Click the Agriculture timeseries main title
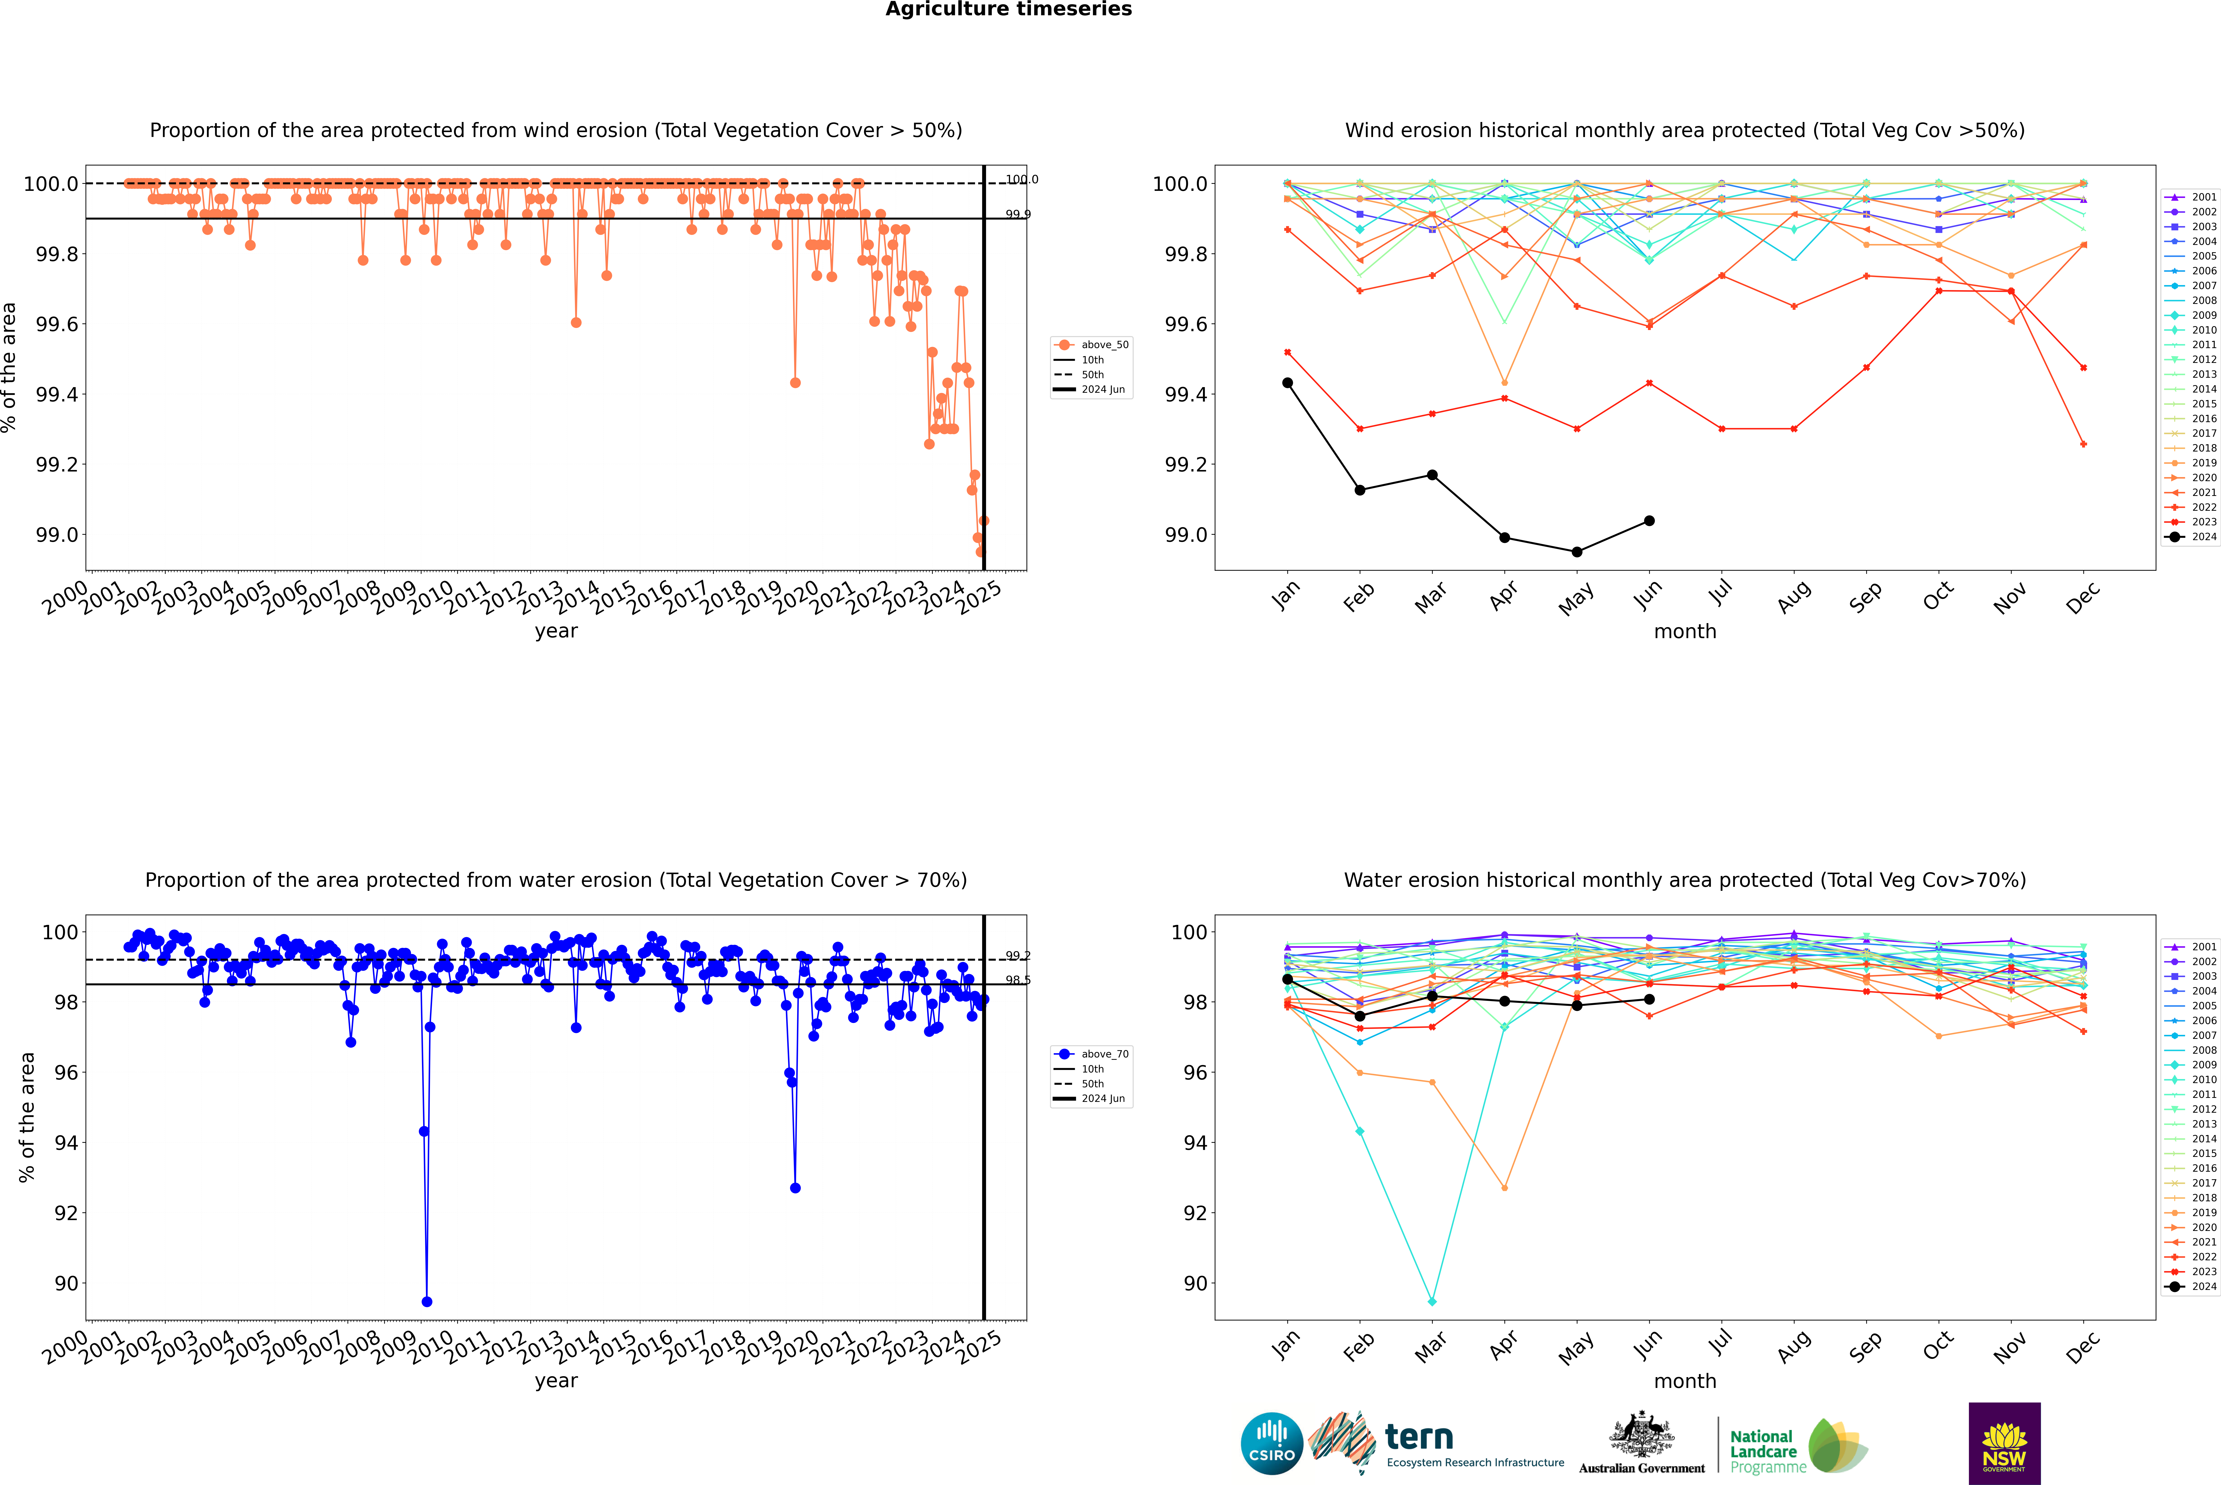click(x=1008, y=9)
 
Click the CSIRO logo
click(x=1272, y=1443)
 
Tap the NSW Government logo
click(x=2004, y=1443)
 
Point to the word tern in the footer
click(x=1418, y=1437)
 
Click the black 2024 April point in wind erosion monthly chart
click(x=1504, y=538)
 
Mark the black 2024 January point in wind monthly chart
click(x=1288, y=383)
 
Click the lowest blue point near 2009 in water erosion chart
click(x=427, y=1301)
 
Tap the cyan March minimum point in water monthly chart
click(x=1431, y=1301)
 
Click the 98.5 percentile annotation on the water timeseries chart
click(x=1018, y=980)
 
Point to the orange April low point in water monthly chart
click(x=1504, y=1188)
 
